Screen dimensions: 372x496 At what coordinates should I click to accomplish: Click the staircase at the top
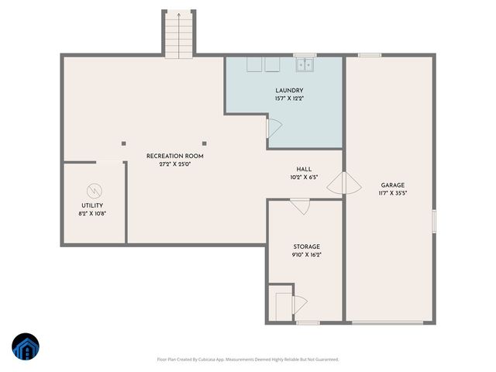pyautogui.click(x=177, y=34)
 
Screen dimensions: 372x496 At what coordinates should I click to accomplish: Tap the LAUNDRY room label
pyautogui.click(x=288, y=91)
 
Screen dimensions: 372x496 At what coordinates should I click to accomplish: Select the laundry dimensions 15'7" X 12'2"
pyautogui.click(x=288, y=99)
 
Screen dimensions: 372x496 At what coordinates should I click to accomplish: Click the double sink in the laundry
pyautogui.click(x=305, y=64)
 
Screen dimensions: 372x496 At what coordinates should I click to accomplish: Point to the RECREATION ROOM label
pyautogui.click(x=174, y=156)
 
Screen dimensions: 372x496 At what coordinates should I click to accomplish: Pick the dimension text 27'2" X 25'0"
pyautogui.click(x=174, y=164)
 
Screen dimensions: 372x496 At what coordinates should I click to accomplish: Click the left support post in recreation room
pyautogui.click(x=123, y=143)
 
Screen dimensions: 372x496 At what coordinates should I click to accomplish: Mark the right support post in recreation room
pyautogui.click(x=205, y=143)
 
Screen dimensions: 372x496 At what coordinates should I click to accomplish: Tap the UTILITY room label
pyautogui.click(x=92, y=205)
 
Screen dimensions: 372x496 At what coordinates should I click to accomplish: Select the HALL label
pyautogui.click(x=304, y=169)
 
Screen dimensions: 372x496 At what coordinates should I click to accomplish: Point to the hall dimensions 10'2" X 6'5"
pyautogui.click(x=304, y=177)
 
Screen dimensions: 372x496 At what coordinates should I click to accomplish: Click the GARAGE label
pyautogui.click(x=392, y=184)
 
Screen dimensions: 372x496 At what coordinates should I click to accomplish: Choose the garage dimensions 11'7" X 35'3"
pyautogui.click(x=392, y=193)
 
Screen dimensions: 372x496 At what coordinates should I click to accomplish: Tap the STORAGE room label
pyautogui.click(x=306, y=246)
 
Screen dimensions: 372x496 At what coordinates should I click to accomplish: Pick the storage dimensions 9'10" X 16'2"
pyautogui.click(x=306, y=255)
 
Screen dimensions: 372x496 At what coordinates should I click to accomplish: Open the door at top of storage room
pyautogui.click(x=300, y=206)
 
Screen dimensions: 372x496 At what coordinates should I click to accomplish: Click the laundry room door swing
pyautogui.click(x=273, y=129)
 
